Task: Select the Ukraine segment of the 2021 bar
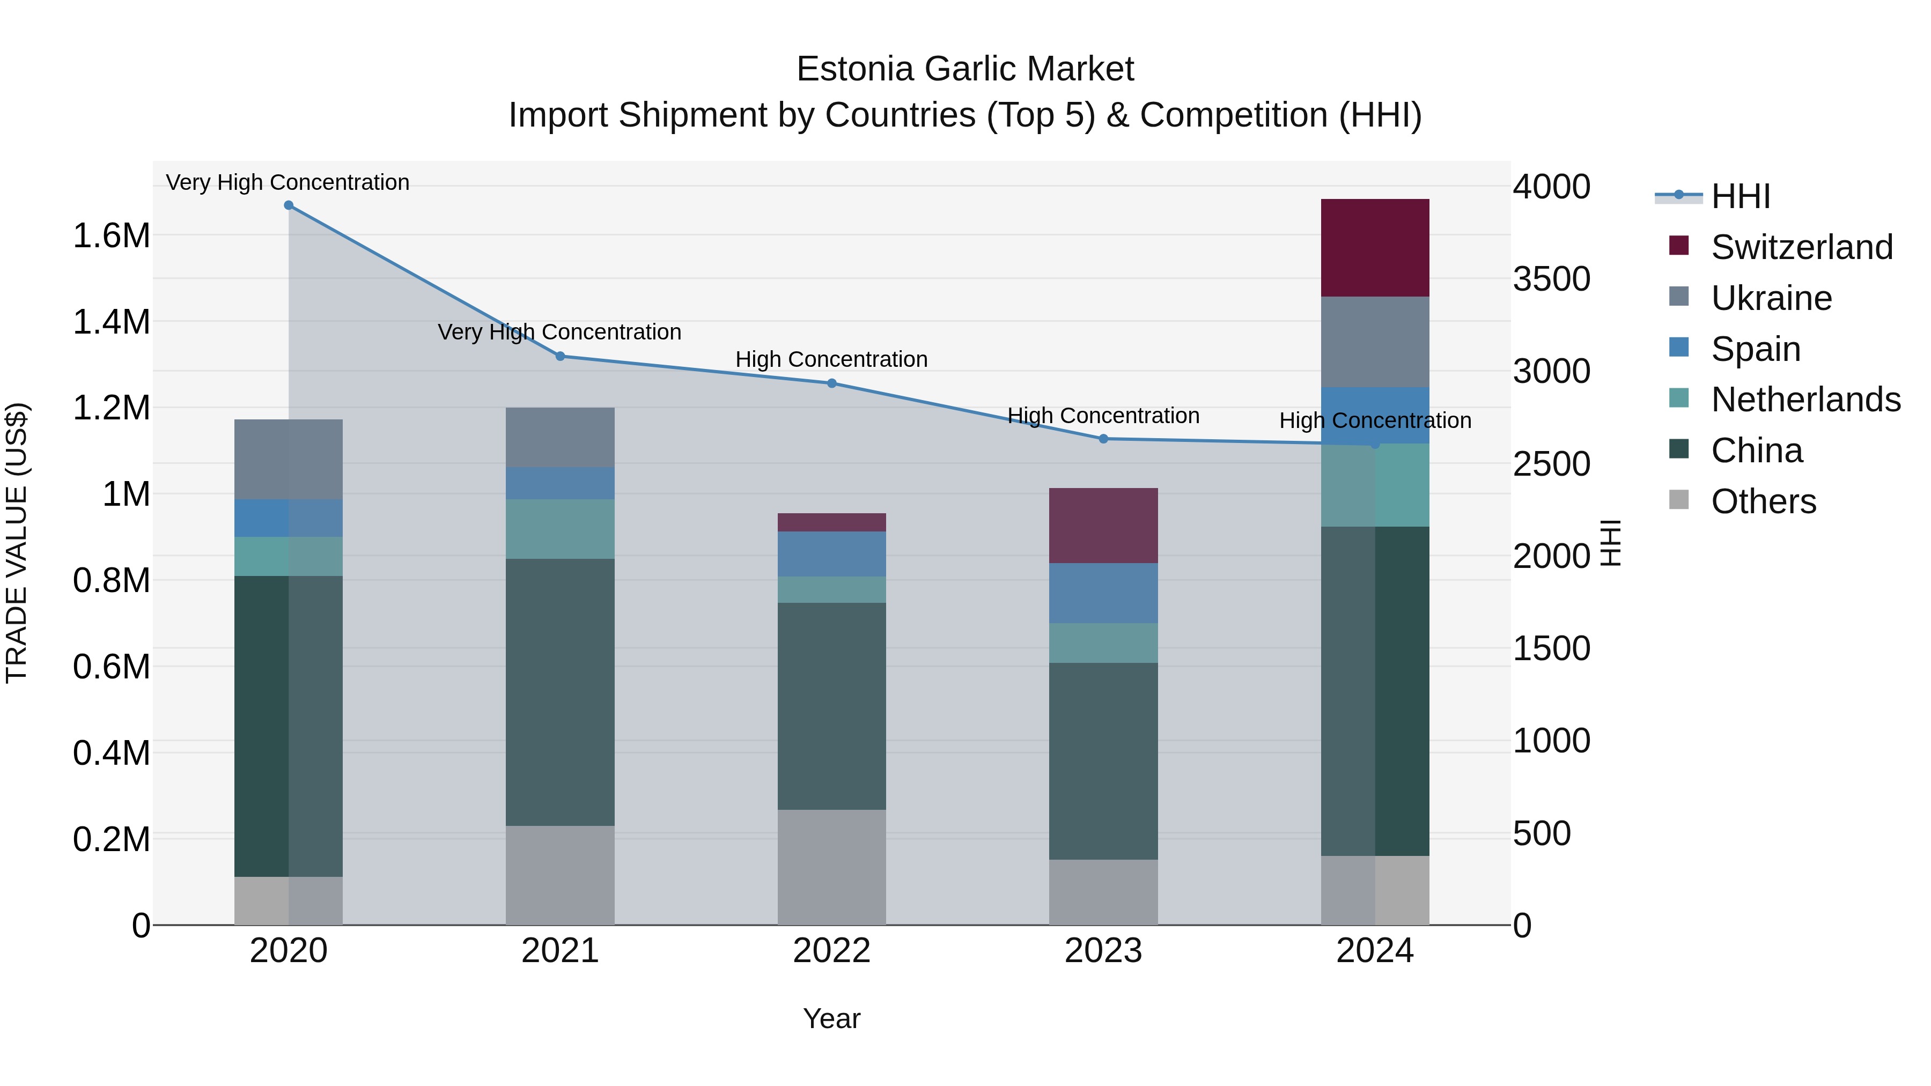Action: pyautogui.click(x=560, y=437)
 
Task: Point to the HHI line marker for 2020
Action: pyautogui.click(x=289, y=205)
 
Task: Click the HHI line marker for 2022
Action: pyautogui.click(x=831, y=384)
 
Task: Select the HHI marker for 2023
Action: pyautogui.click(x=1103, y=439)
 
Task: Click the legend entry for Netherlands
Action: pyautogui.click(x=1805, y=400)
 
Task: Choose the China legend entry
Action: pyautogui.click(x=1756, y=450)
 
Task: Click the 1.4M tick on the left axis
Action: pyautogui.click(x=111, y=322)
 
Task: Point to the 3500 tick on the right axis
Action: pyautogui.click(x=1550, y=279)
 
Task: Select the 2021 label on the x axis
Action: pyautogui.click(x=560, y=951)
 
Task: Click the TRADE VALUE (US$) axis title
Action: pyautogui.click(x=17, y=543)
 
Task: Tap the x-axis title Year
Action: pyautogui.click(x=831, y=1018)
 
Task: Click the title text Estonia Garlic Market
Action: pyautogui.click(x=965, y=69)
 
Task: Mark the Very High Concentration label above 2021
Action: pyautogui.click(x=559, y=332)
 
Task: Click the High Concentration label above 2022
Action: pyautogui.click(x=831, y=360)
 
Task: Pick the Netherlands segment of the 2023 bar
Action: pyautogui.click(x=1103, y=642)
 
